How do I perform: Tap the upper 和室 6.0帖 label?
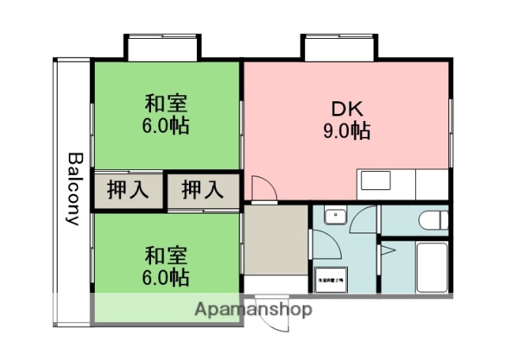[166, 115]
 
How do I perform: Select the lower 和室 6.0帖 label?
[166, 267]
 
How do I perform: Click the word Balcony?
[74, 188]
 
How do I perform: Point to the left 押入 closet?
[126, 190]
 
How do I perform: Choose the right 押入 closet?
[201, 190]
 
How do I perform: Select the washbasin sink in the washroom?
[336, 214]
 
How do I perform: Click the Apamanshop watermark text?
[253, 309]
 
